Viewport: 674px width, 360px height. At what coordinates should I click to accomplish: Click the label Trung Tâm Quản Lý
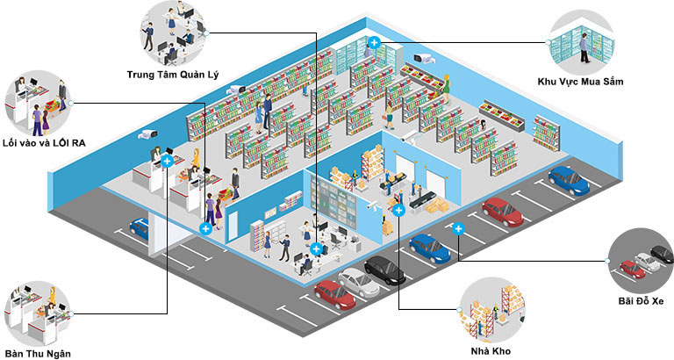(173, 76)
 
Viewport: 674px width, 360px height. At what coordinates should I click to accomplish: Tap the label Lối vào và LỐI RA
(44, 143)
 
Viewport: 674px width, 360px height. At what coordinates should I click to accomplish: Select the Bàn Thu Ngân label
(39, 354)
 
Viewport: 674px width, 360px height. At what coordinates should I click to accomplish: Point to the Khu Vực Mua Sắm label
(580, 82)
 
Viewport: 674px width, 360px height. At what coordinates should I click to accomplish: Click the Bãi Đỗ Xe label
(641, 300)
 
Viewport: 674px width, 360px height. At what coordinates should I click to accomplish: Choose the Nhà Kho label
(491, 351)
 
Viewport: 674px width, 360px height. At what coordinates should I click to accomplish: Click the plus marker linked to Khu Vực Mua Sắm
(375, 42)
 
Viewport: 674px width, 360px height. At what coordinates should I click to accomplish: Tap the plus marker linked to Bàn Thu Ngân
(168, 162)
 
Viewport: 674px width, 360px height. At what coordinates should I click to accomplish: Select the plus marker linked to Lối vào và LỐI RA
(206, 228)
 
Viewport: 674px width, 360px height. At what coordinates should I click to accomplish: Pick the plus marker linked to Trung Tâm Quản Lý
(316, 248)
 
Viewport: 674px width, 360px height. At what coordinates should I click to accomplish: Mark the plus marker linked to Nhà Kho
(399, 211)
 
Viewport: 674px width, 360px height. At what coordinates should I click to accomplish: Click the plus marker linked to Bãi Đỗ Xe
(458, 229)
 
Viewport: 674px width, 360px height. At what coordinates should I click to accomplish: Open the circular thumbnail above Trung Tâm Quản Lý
(173, 32)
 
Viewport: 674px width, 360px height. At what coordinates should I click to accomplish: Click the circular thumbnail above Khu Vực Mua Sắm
(582, 42)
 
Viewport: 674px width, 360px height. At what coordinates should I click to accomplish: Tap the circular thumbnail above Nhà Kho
(491, 310)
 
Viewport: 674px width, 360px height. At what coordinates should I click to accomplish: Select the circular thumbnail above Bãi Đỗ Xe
(641, 261)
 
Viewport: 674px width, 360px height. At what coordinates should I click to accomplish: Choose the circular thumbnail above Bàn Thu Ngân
(38, 314)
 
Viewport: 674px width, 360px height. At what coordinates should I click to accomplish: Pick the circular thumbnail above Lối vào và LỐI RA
(38, 104)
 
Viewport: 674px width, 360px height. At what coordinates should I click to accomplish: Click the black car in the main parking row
(384, 270)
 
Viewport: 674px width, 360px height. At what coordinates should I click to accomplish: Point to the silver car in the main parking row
(358, 283)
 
